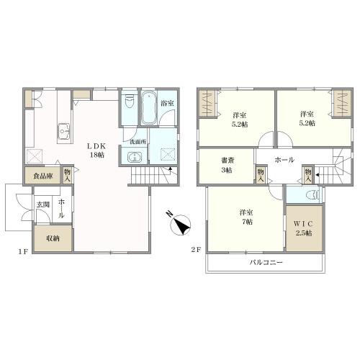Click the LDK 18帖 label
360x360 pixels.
coord(96,150)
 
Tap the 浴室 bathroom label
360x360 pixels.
coord(167,104)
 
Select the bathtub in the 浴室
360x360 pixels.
coord(148,107)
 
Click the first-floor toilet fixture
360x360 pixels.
coord(130,102)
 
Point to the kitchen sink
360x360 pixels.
coord(63,132)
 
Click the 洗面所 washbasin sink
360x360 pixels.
coord(135,158)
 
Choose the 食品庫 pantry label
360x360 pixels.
coord(42,176)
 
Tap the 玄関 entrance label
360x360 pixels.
coord(43,204)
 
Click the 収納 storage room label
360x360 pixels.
coord(53,238)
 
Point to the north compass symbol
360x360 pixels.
coord(180,224)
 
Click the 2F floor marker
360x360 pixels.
coord(196,250)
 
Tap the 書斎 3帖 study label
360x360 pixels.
coord(227,165)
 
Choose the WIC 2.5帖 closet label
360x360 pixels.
coord(304,228)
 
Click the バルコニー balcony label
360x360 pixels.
coord(266,262)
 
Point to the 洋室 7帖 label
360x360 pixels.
coord(246,217)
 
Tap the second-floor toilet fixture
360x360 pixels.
coord(314,195)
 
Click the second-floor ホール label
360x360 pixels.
coord(284,160)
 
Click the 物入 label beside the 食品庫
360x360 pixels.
coord(67,175)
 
